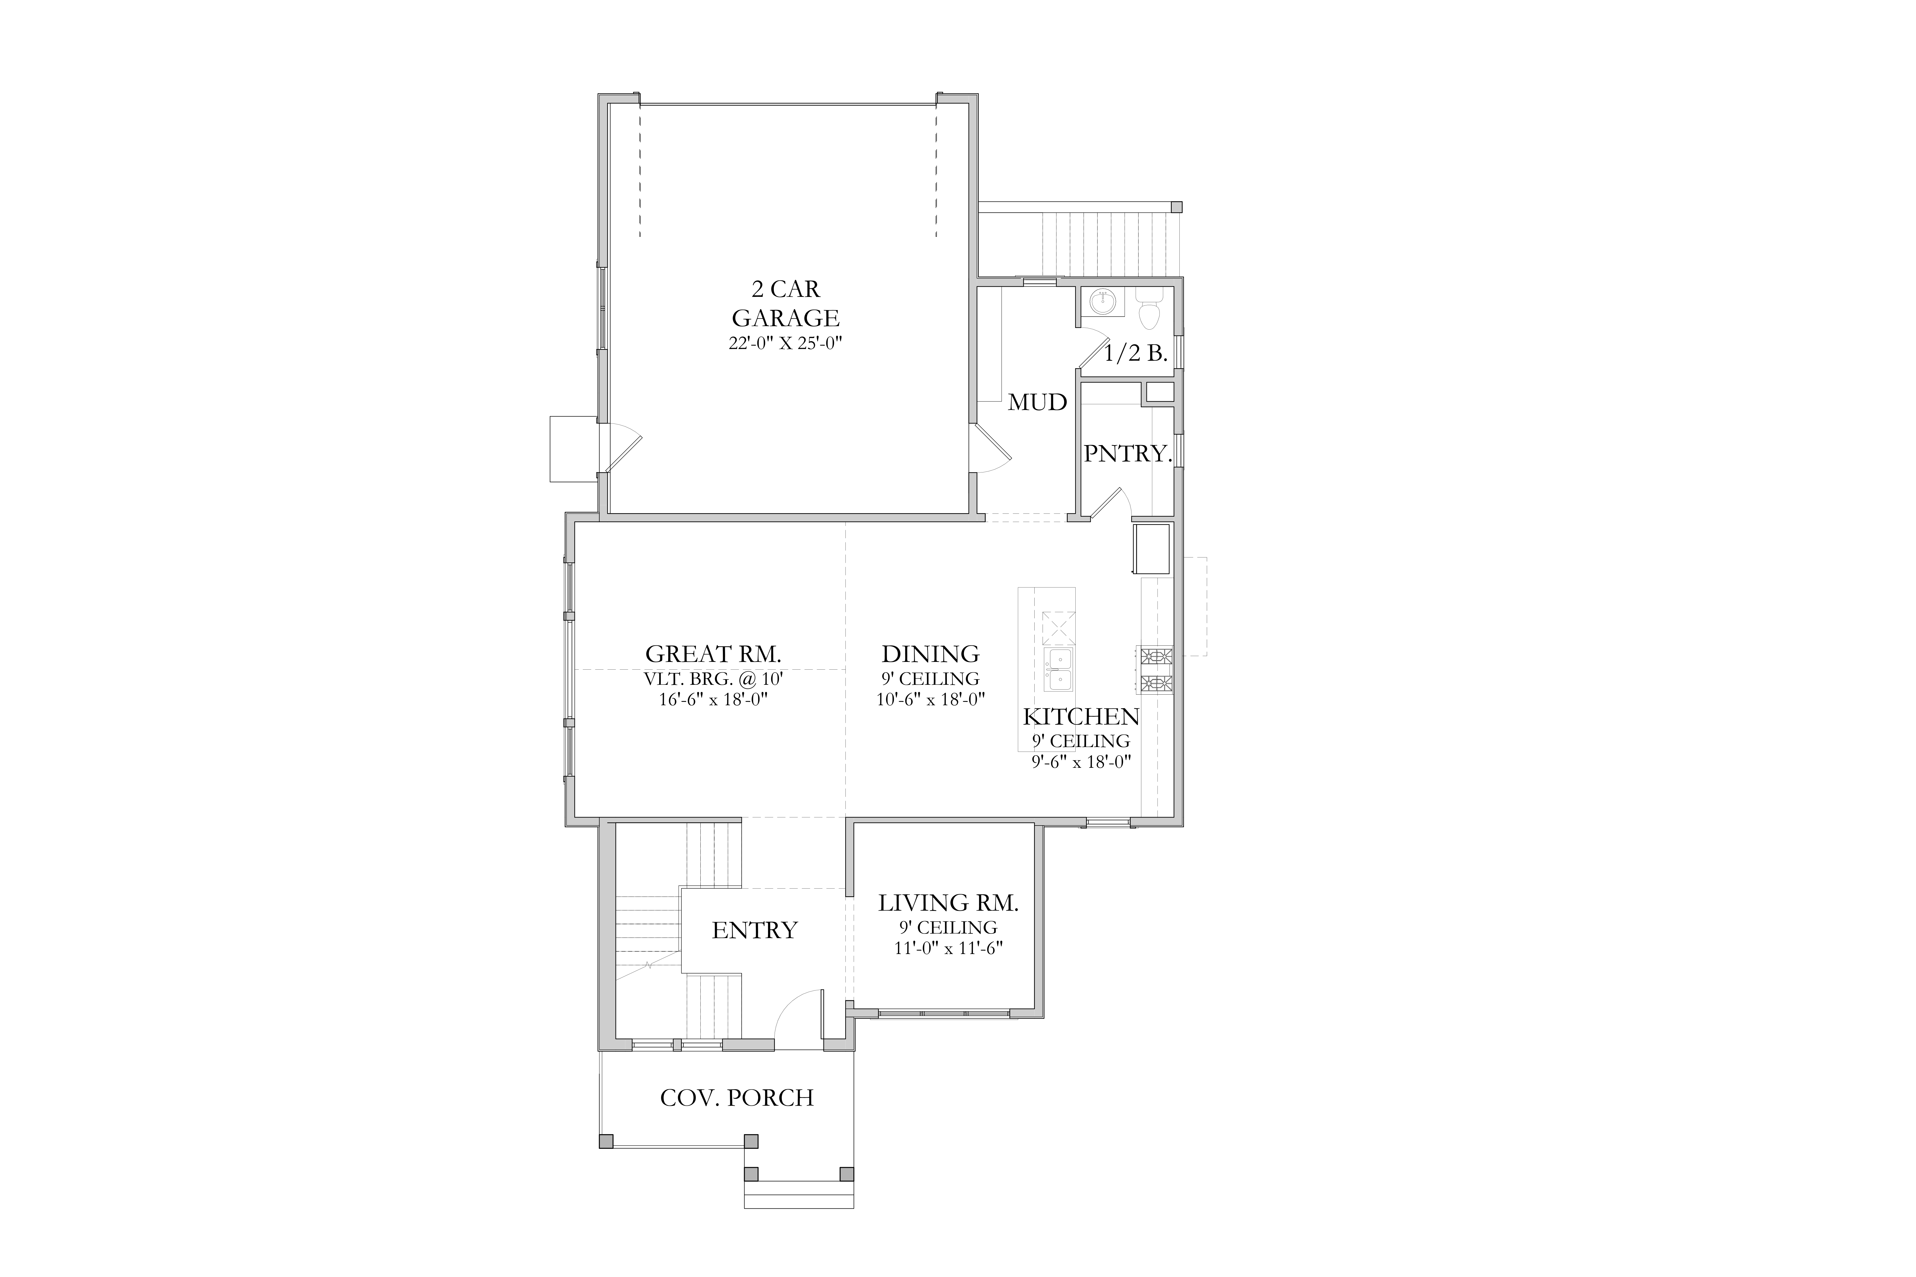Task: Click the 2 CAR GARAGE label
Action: (785, 303)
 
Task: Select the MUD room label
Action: (1037, 402)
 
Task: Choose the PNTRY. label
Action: (1128, 454)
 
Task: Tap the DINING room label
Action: (930, 654)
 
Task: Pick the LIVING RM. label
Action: (948, 903)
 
